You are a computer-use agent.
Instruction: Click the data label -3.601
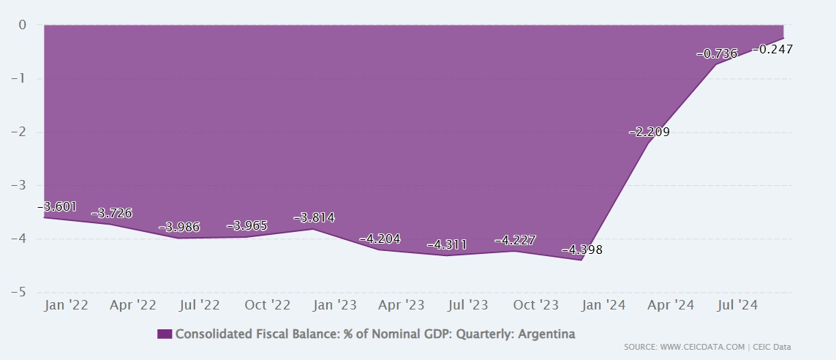point(57,207)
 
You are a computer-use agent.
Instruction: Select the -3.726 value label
point(111,213)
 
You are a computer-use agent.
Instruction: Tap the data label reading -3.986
point(178,227)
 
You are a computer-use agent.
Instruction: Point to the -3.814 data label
point(314,218)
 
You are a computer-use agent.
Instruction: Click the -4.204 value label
point(380,239)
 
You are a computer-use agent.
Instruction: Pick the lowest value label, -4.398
point(582,250)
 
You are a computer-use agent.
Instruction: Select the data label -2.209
point(649,132)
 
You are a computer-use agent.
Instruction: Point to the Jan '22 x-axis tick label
point(67,305)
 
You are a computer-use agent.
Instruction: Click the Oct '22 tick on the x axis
point(268,305)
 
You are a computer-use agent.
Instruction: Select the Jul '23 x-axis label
point(468,305)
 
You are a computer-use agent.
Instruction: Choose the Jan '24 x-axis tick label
point(603,305)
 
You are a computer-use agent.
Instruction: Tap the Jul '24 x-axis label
point(737,305)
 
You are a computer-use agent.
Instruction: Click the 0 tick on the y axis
point(22,25)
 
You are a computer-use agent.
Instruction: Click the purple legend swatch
point(165,334)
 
